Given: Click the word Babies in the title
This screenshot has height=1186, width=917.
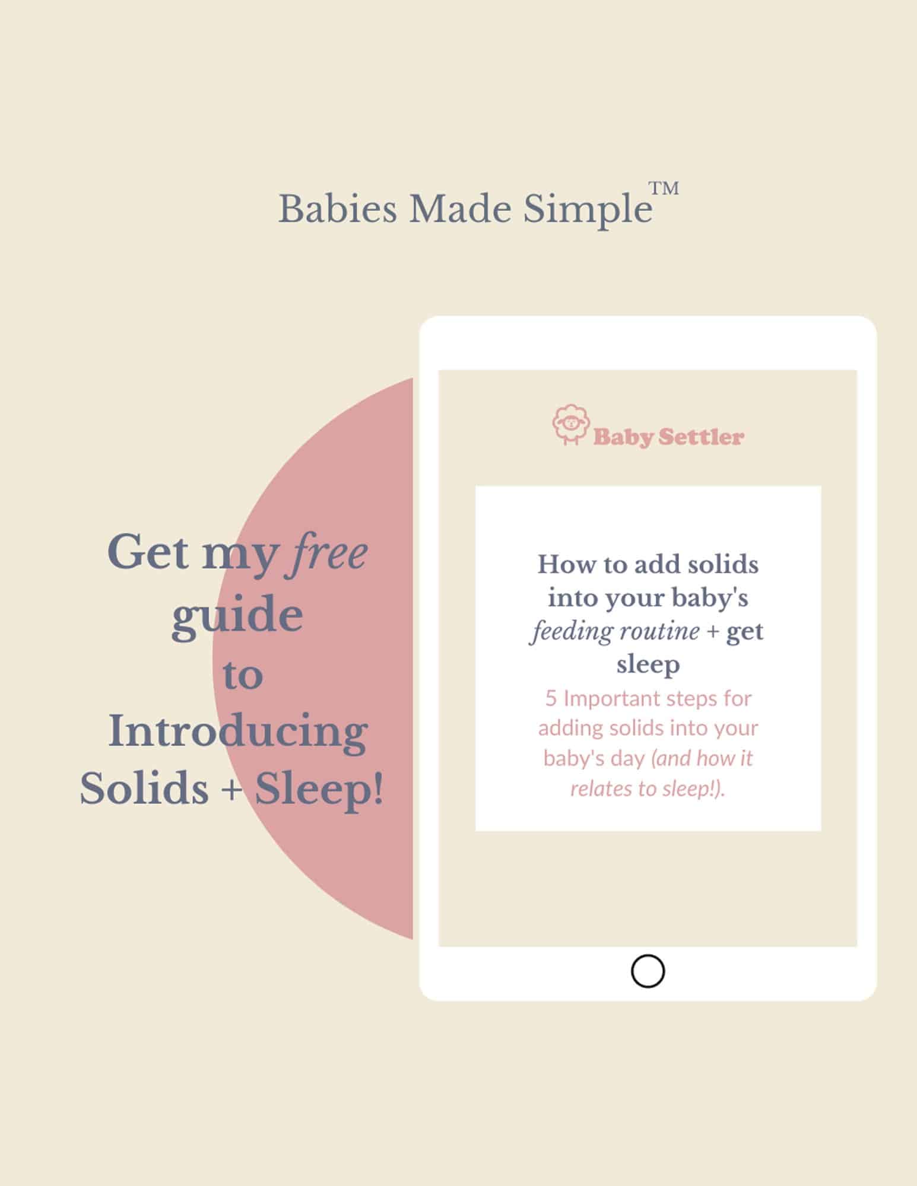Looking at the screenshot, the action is coord(338,209).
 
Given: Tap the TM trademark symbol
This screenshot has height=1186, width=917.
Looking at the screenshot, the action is coord(664,189).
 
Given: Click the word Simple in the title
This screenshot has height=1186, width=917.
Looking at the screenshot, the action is coord(588,211).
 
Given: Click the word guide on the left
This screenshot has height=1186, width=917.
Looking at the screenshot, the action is coord(237,616).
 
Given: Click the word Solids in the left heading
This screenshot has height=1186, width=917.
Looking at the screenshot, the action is coord(144,788).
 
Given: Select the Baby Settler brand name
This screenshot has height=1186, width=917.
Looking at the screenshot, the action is coord(668,437).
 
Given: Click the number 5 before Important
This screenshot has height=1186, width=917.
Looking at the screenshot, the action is coord(551,698).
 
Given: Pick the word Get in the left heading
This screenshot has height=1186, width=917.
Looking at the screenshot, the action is coord(149,552).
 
